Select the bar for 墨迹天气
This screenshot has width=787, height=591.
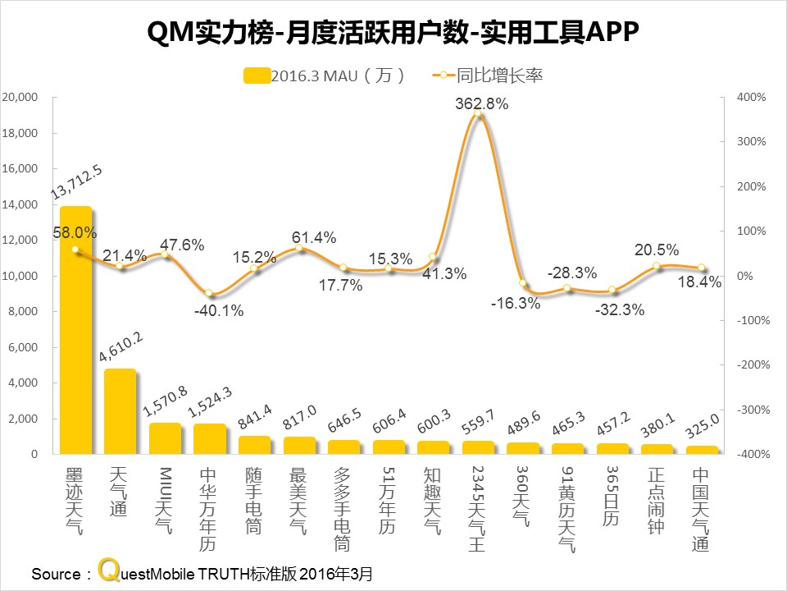point(75,328)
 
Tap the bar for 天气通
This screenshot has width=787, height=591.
point(120,410)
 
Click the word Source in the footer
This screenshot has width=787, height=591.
point(55,573)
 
